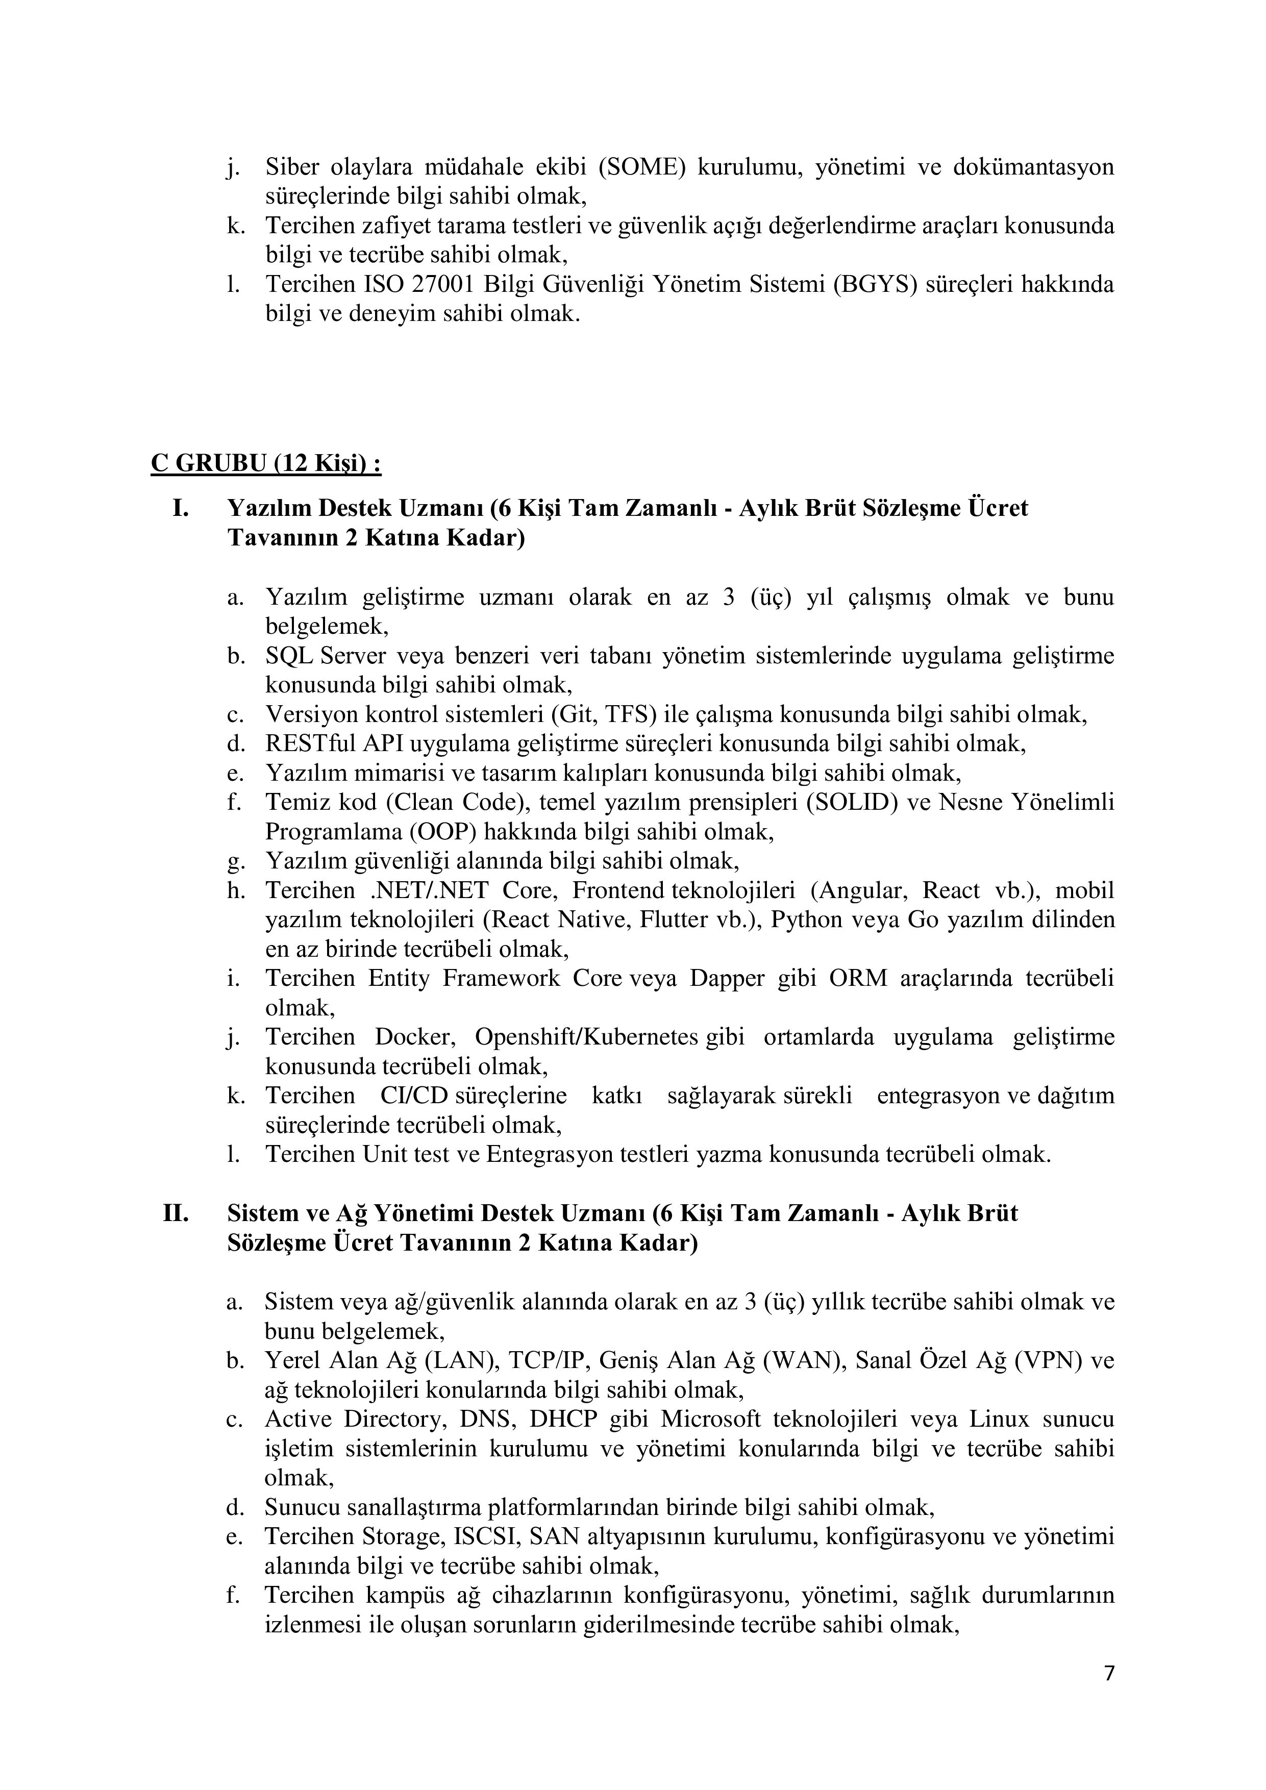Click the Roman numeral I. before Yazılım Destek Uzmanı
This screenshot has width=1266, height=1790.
click(x=181, y=508)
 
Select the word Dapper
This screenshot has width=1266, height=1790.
click(x=727, y=978)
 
